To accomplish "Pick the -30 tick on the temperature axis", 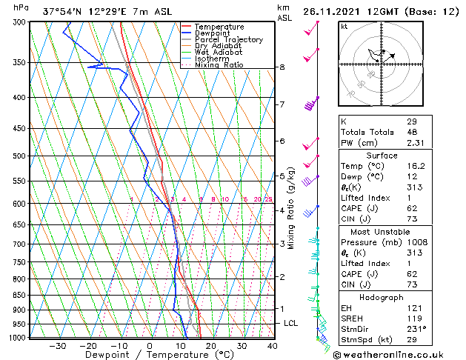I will (x=56, y=345).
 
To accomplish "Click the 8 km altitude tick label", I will (x=282, y=67).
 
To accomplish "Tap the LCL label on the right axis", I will (x=291, y=324).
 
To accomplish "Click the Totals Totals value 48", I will (x=411, y=131).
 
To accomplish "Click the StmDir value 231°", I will (x=416, y=329).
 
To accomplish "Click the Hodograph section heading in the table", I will (x=382, y=297).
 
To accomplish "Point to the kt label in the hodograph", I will (x=344, y=26).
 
